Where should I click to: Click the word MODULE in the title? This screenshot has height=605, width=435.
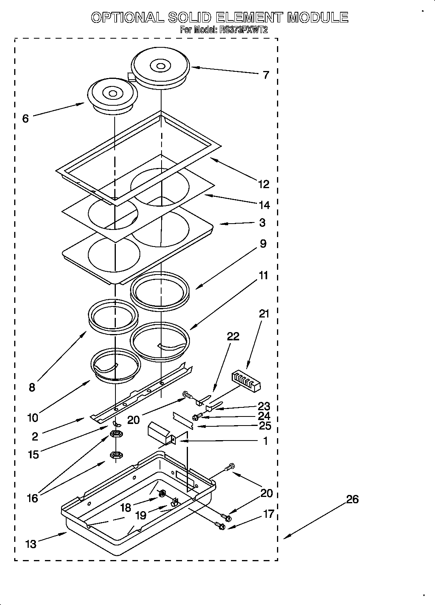coord(318,17)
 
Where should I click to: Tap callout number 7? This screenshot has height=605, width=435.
coord(266,75)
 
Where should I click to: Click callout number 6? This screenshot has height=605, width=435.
coord(26,118)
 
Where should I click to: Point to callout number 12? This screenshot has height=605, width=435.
coord(263,184)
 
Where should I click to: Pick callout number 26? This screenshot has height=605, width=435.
coord(352,499)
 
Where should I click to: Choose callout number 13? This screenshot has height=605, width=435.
coord(30,544)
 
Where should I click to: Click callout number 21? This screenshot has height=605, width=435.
coord(264,314)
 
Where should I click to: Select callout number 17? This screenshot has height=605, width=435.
coord(268,514)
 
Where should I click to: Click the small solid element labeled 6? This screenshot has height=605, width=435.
coord(112,95)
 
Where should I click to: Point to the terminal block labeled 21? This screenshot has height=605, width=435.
coord(246,381)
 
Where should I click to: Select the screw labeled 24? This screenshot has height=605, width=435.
coord(197,416)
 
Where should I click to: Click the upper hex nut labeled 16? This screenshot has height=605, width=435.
coord(116,434)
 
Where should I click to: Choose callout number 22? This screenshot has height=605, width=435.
coord(233,336)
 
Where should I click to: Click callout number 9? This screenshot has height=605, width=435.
coord(263,244)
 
